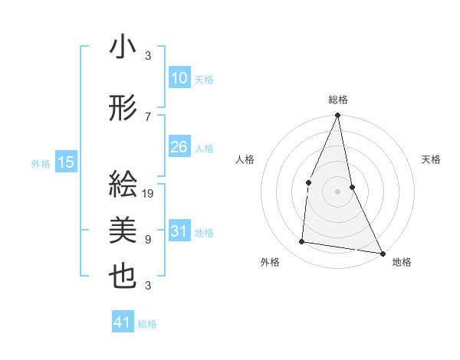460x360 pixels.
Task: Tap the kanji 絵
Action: tap(123, 185)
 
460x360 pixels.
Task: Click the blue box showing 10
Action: tap(179, 78)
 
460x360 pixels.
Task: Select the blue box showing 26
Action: tap(179, 147)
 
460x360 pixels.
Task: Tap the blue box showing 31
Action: tap(179, 231)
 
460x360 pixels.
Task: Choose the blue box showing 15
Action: tap(65, 162)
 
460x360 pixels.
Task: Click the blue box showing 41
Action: tap(123, 322)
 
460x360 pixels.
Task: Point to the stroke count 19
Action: tap(149, 193)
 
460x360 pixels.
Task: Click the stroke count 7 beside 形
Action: tap(149, 116)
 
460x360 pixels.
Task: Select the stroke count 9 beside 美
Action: tap(149, 239)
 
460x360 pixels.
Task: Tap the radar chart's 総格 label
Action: tap(337, 100)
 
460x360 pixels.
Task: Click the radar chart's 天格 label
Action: tap(432, 159)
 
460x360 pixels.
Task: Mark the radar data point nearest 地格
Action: tap(382, 252)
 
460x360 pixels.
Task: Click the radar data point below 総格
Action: tap(337, 116)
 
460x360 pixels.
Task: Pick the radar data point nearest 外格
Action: tap(302, 242)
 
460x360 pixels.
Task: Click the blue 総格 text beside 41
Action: tap(147, 324)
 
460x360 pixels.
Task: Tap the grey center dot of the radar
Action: tap(337, 191)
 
